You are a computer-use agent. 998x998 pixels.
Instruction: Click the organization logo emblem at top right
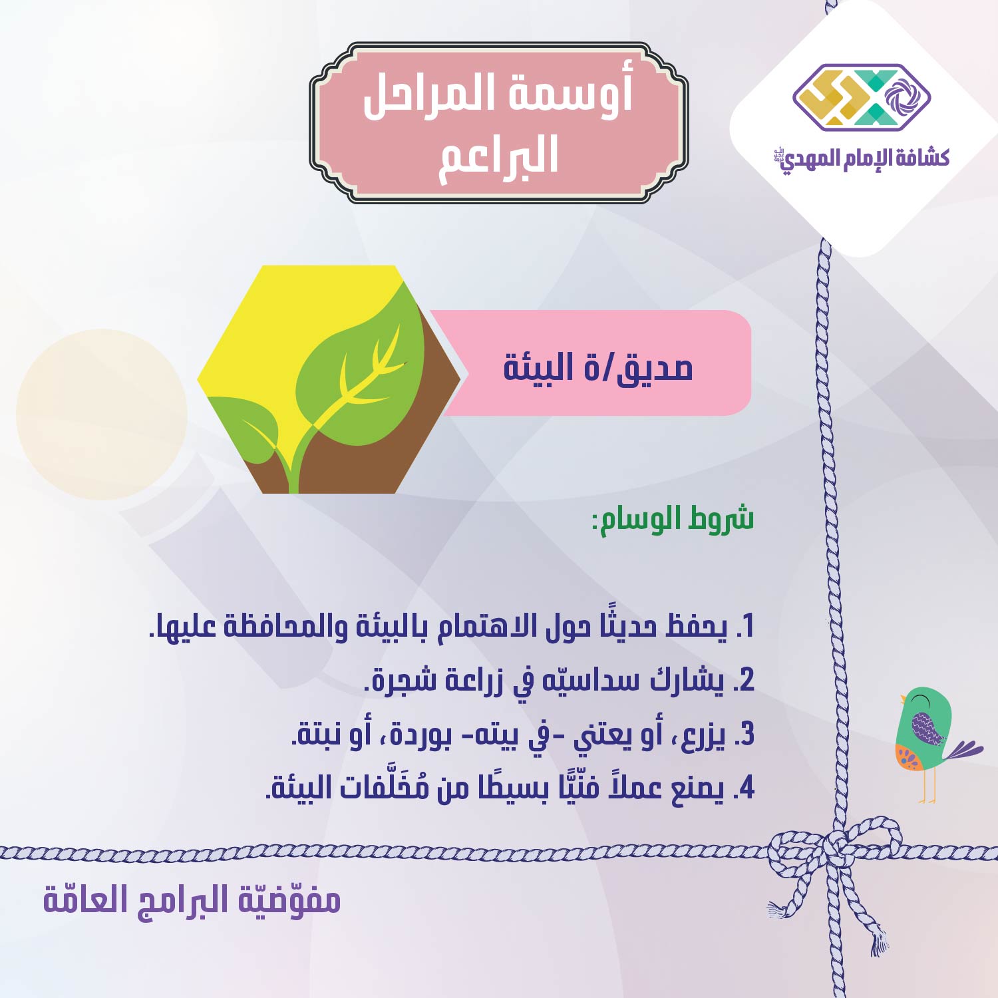[x=862, y=96]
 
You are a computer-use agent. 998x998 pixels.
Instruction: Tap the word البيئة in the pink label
[x=538, y=368]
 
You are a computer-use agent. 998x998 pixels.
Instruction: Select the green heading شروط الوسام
[x=673, y=519]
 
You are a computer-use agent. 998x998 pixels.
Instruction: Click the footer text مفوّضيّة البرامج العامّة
[x=192, y=900]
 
